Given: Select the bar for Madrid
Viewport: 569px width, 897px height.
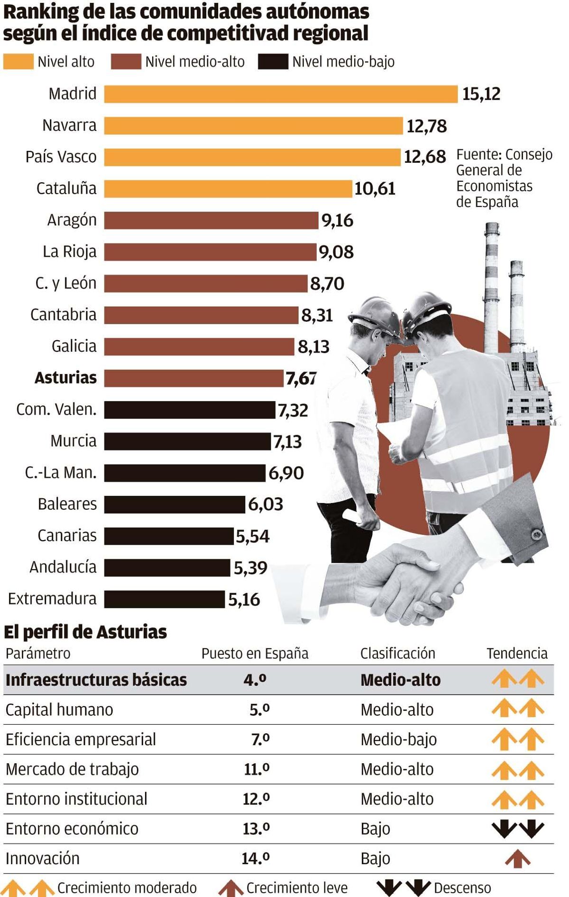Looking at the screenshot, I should point(281,94).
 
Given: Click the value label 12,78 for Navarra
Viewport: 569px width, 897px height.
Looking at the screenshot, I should point(427,126).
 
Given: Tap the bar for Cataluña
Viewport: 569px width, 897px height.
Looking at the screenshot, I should point(228,189).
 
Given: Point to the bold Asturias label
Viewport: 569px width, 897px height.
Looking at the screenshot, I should point(65,378).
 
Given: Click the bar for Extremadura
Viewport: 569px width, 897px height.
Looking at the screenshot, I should point(164,599).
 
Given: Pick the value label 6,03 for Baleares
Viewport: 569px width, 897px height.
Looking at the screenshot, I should point(266,504).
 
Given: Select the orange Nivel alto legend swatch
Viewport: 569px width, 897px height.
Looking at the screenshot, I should point(18,62).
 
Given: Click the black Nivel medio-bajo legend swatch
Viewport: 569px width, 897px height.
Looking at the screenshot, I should point(273,62).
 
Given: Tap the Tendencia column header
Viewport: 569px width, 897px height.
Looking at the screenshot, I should point(517,654).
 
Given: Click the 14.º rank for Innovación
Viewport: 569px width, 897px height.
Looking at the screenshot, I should point(256,858).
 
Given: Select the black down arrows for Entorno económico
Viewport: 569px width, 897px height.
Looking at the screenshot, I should point(517,828).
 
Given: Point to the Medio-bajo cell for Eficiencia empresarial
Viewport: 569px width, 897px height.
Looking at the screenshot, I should point(398,739).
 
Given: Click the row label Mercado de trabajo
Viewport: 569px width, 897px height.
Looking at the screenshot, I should point(72,769).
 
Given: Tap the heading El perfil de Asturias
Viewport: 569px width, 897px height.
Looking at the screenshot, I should point(85,632).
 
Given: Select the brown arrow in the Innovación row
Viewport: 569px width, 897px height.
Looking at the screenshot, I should point(517,859).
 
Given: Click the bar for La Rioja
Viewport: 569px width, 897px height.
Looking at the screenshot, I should point(210,252).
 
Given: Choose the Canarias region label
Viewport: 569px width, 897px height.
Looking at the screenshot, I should point(67,536).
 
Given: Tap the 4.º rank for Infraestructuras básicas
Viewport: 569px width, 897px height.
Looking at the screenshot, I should point(255,680).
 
